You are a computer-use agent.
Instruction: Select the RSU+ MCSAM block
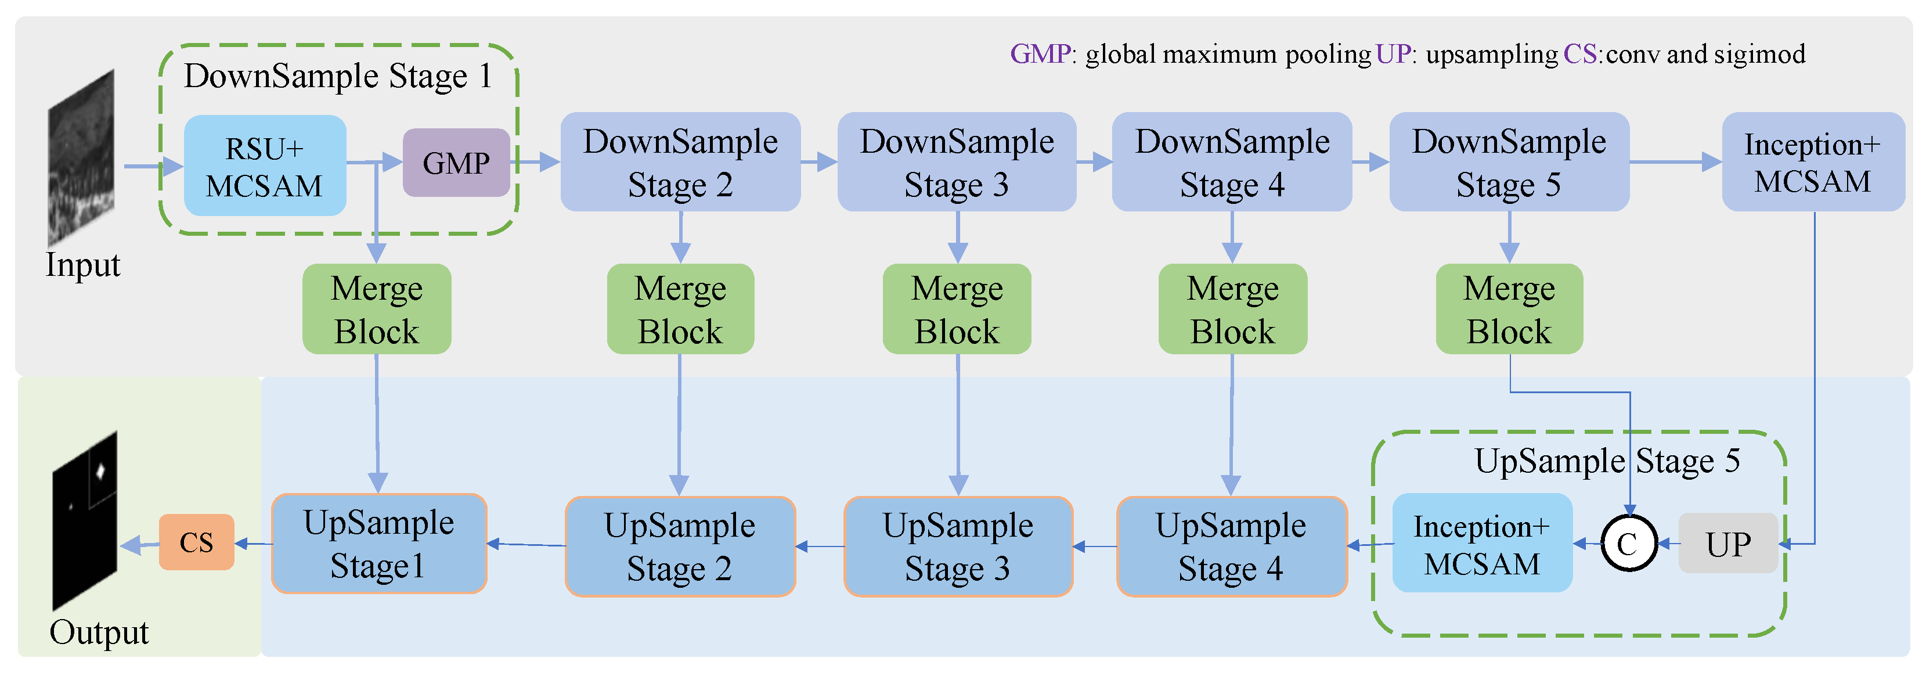point(265,166)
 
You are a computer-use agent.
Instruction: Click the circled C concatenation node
point(1628,544)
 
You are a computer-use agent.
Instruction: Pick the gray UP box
point(1728,544)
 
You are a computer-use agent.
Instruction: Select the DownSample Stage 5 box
point(1509,162)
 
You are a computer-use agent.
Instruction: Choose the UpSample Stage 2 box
point(680,546)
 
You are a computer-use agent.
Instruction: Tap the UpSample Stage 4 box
point(1231,546)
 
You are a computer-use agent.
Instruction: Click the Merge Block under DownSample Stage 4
point(1232,309)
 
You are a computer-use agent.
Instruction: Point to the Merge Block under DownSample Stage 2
point(680,309)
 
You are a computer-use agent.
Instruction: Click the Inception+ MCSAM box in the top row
point(1812,162)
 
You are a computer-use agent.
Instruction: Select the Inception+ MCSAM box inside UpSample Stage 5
point(1482,544)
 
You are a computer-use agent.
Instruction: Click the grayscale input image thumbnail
point(81,159)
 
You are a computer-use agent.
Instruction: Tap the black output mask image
point(85,521)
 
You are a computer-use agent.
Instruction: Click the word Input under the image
point(82,265)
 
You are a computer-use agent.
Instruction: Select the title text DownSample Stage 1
point(338,76)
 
